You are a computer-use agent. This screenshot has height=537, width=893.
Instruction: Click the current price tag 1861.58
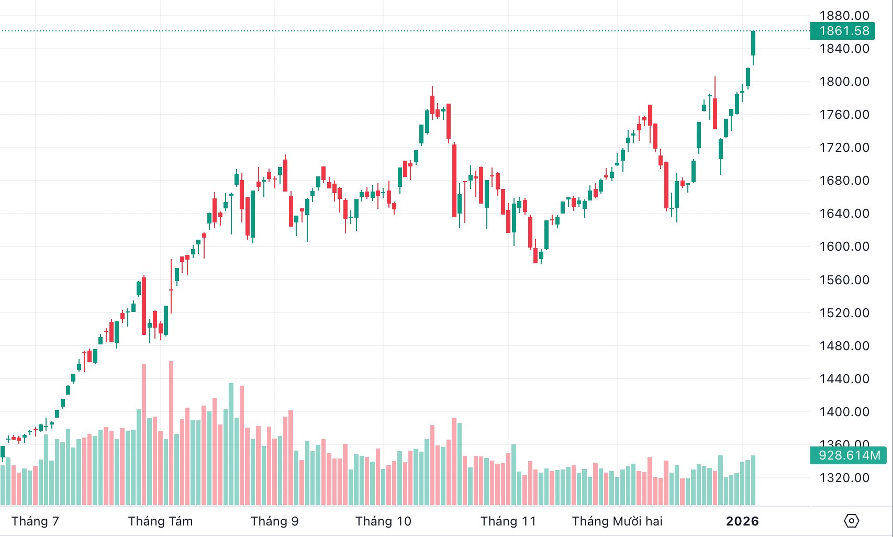(x=844, y=31)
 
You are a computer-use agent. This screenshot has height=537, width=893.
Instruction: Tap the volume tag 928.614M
(x=849, y=455)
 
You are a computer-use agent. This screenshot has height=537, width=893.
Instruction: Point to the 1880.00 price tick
(x=844, y=16)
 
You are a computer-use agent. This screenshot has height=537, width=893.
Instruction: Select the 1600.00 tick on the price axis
(x=844, y=247)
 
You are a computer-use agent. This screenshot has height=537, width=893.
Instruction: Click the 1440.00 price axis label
(x=844, y=379)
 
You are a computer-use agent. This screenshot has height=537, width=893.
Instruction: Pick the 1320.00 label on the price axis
(x=844, y=478)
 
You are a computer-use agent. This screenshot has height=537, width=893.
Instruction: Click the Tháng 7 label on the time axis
(x=35, y=521)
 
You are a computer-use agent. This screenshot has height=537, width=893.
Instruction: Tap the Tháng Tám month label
(x=160, y=521)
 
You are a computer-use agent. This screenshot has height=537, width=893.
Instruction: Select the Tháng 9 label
(x=274, y=521)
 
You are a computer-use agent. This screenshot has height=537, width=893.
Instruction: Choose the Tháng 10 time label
(x=383, y=521)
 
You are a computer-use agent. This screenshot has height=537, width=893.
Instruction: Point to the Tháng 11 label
(x=508, y=521)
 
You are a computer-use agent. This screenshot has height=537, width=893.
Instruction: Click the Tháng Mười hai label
(x=617, y=521)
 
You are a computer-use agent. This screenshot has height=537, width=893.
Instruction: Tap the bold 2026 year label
(x=742, y=521)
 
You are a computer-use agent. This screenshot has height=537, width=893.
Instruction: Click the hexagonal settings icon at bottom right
(x=852, y=521)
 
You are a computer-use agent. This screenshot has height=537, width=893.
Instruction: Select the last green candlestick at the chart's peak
(x=753, y=43)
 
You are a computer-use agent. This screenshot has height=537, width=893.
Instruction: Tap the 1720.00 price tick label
(x=844, y=148)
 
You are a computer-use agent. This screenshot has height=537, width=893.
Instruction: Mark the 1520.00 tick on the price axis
(x=844, y=313)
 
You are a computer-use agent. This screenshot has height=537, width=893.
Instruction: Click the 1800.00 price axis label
(x=844, y=82)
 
